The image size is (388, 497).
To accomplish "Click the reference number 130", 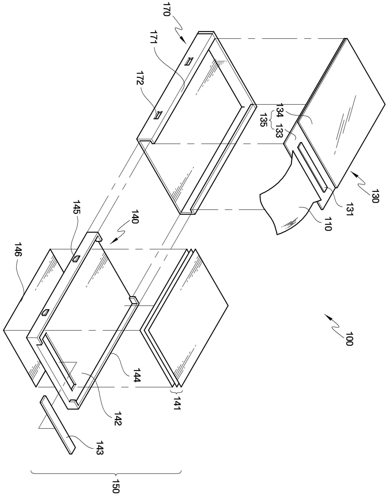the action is [375, 196].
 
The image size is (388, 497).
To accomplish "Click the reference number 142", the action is [118, 418].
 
